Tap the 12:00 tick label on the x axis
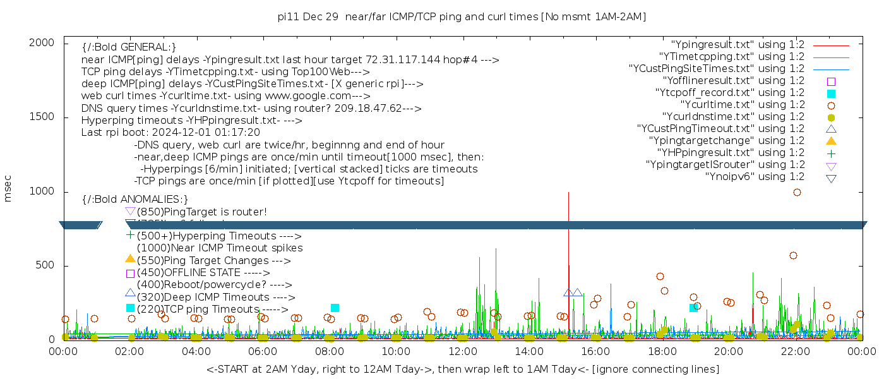click(x=462, y=351)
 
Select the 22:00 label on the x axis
click(x=794, y=351)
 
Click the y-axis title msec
click(x=8, y=189)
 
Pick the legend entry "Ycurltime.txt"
click(x=742, y=105)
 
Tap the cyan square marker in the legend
click(x=831, y=93)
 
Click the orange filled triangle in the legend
click(x=831, y=141)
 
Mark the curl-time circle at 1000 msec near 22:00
click(x=797, y=192)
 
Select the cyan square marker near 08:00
click(x=335, y=308)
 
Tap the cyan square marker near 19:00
click(x=693, y=308)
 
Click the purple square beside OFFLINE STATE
click(x=130, y=273)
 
